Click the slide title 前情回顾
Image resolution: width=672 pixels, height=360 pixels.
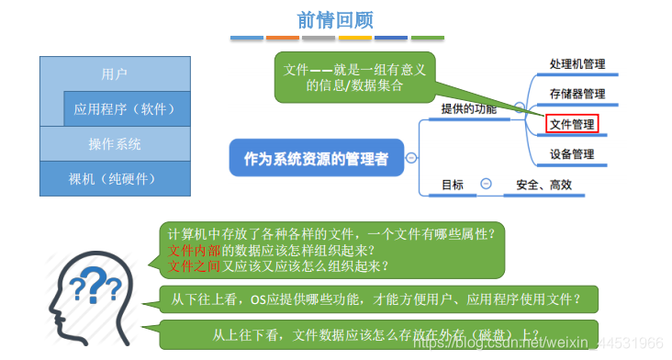[336, 18]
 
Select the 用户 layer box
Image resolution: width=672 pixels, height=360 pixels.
[114, 73]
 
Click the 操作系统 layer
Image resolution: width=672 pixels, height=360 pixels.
[114, 144]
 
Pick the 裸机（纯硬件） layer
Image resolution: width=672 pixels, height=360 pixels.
[114, 177]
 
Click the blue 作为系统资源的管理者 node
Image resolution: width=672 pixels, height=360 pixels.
[316, 158]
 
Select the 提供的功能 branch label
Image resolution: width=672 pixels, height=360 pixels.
[468, 108]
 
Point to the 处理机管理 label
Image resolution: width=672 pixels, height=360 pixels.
[577, 64]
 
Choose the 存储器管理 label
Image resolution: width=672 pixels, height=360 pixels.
[577, 93]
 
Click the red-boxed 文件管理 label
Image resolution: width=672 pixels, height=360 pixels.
[572, 123]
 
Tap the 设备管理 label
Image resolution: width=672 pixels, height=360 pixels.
[572, 153]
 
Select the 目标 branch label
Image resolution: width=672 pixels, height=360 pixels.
[453, 184]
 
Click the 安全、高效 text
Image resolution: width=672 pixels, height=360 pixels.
[543, 184]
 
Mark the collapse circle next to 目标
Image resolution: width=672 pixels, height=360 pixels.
[486, 184]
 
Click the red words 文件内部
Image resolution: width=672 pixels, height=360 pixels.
[193, 250]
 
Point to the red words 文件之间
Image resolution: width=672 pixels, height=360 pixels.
[193, 266]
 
